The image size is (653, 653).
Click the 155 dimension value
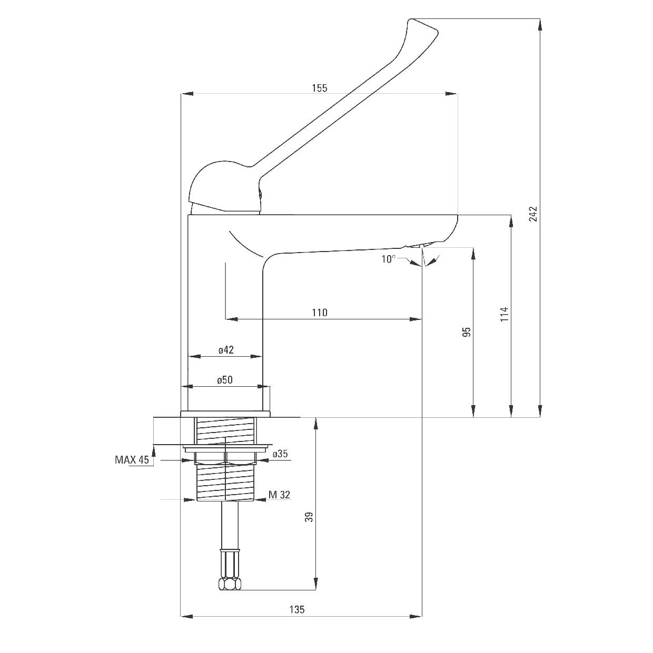pos(319,88)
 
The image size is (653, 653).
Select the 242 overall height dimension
pos(533,213)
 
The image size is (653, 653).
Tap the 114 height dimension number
pos(504,315)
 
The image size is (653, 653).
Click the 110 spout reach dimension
pos(319,313)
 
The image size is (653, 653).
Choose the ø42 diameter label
pos(226,350)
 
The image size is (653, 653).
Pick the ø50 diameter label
pos(225,380)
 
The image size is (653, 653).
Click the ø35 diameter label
pos(280,454)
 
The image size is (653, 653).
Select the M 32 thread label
pos(279,495)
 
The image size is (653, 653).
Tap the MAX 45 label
pos(132,460)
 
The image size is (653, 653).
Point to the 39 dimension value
pos(310,517)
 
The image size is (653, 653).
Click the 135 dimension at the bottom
pos(297,610)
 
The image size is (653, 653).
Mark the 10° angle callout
pos(388,258)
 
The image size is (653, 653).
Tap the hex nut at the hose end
pos(230,584)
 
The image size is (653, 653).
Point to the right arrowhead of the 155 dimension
pos(451,94)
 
